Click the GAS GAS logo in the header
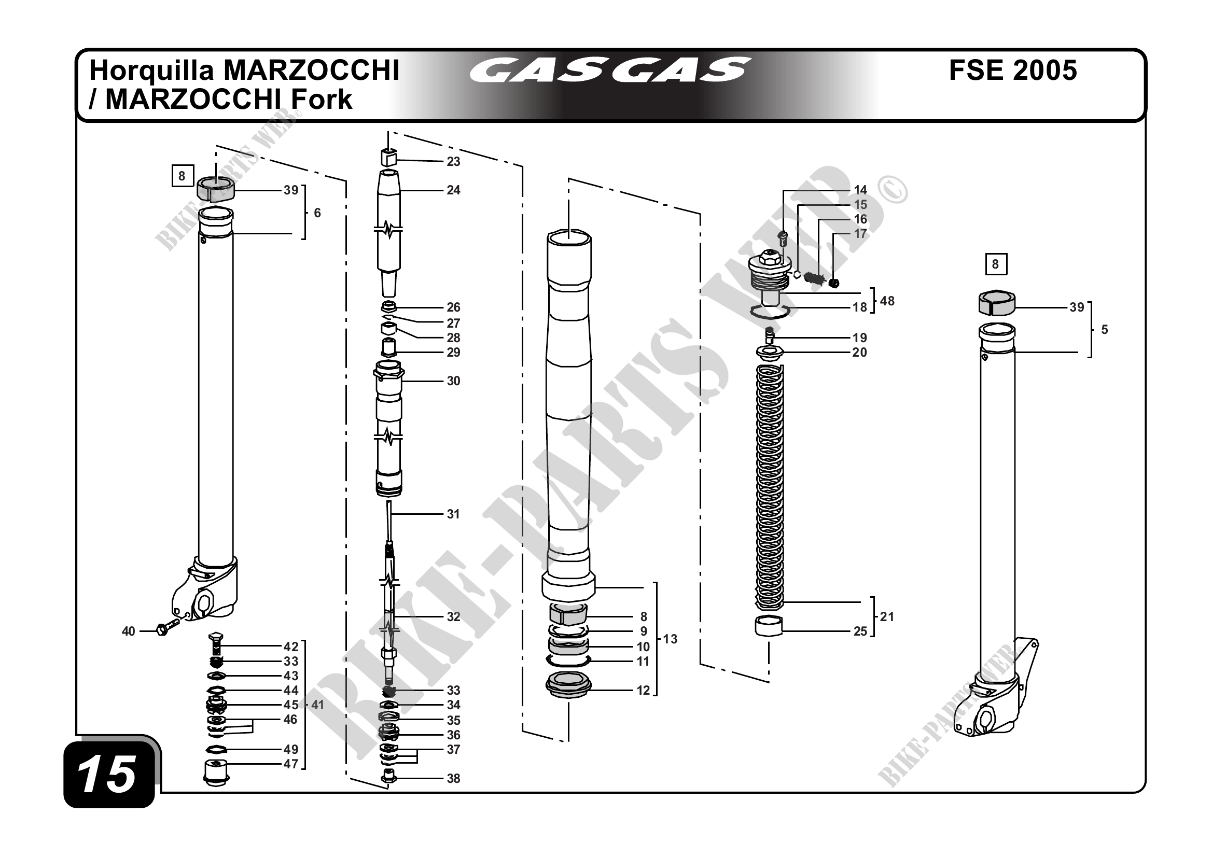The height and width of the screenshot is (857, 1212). pos(609,71)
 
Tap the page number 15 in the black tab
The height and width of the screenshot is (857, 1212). pos(107,774)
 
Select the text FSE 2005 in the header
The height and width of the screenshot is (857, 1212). pos(1012,70)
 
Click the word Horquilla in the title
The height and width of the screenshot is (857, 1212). pos(151,70)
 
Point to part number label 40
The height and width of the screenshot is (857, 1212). pos(128,631)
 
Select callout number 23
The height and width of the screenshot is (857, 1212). pos(453,161)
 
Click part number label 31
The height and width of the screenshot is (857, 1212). pos(453,514)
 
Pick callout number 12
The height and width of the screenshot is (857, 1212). pos(643,690)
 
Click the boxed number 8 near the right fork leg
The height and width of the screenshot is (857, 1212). pos(996,264)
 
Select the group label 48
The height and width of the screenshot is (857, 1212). pos(887,301)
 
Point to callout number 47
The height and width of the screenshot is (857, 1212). pos(291,764)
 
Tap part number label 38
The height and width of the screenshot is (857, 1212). pos(453,778)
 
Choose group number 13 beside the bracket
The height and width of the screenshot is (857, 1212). pos(670,639)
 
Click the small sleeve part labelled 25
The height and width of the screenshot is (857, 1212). pos(769,626)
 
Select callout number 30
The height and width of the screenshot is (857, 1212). pos(453,381)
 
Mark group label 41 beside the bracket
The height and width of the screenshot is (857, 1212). pos(317,705)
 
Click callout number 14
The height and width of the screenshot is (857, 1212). pos(860,190)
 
